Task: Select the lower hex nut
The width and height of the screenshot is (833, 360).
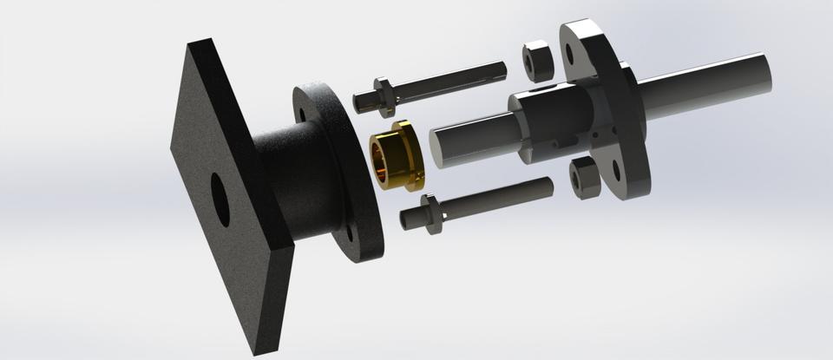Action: [585, 177]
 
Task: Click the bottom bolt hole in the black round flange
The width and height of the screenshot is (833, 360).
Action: [351, 232]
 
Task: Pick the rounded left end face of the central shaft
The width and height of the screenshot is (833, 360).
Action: [438, 144]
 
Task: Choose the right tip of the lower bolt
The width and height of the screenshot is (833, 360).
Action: [548, 185]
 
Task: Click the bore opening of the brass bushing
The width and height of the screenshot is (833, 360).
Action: [383, 157]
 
